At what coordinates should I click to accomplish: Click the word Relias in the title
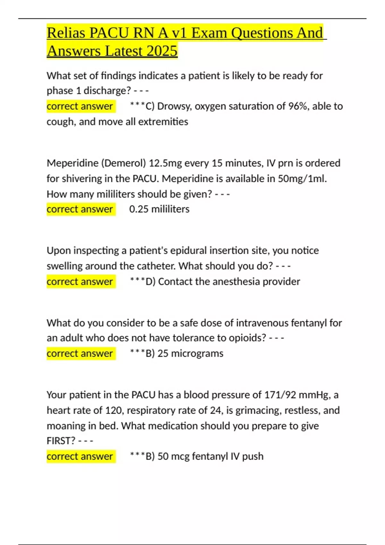[x=66, y=33]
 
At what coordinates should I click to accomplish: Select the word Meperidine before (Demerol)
[x=73, y=163]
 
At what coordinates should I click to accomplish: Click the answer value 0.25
[x=139, y=209]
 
